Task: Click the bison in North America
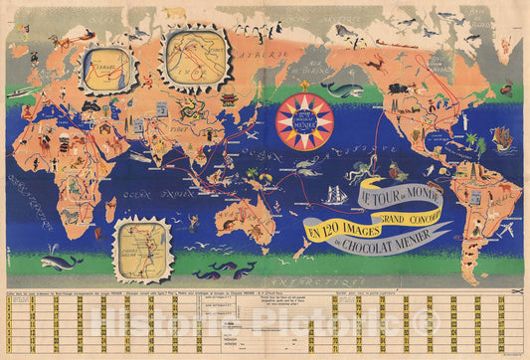tap(418, 80)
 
